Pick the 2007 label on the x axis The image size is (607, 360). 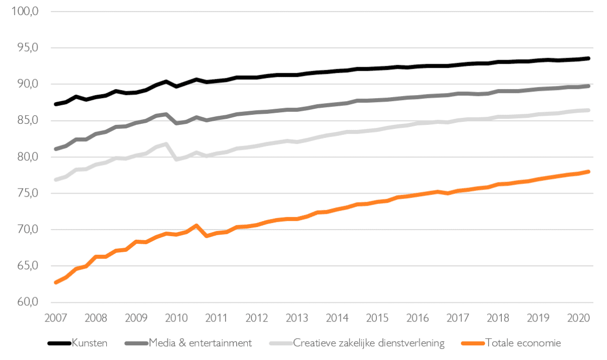pos(56,319)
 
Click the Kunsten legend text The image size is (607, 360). pos(90,343)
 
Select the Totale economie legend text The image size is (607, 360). pos(523,343)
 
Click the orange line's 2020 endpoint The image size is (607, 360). pos(588,172)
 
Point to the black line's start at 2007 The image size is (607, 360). pos(56,104)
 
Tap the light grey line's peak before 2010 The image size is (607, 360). pos(166,144)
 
